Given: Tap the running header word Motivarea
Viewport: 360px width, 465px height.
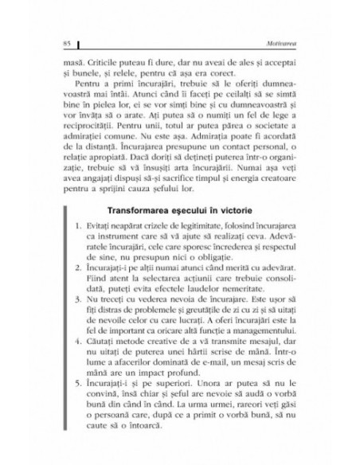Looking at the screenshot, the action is coord(289,41).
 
